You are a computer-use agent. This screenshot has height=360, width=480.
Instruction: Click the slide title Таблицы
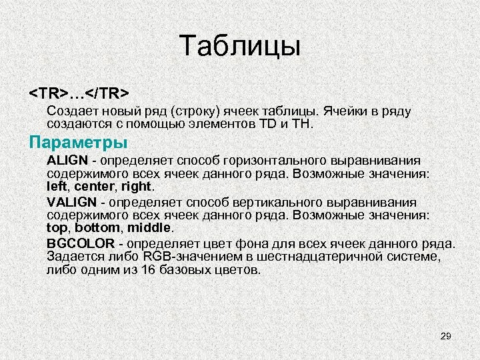(241, 47)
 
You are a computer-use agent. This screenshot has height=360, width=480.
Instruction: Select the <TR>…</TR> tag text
(79, 90)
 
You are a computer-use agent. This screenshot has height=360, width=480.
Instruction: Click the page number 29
(446, 336)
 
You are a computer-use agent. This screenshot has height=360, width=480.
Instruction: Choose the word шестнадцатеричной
(314, 257)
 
